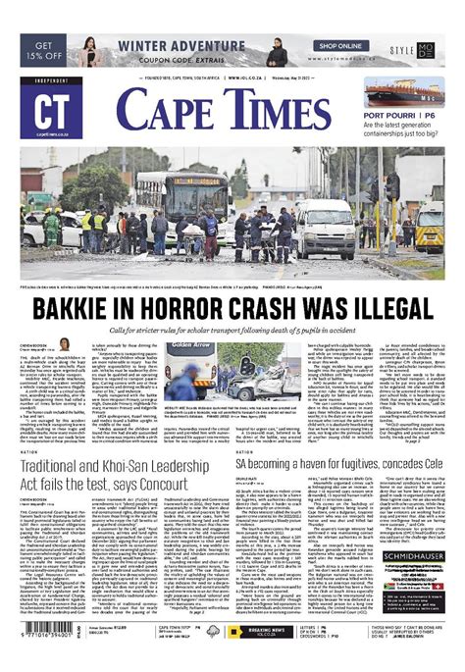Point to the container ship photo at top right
[405, 94]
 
